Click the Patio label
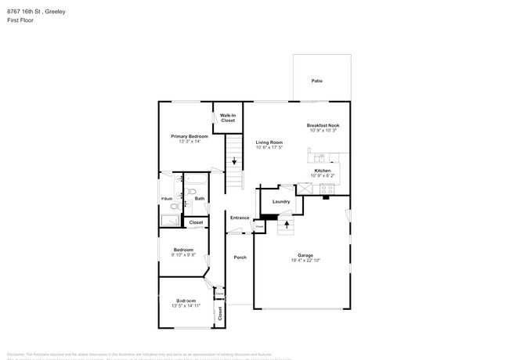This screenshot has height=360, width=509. (x=316, y=81)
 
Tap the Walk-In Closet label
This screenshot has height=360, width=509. (x=227, y=118)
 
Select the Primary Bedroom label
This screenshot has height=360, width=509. (x=190, y=136)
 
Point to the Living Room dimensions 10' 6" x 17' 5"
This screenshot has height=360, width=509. (x=269, y=147)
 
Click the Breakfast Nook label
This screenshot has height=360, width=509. (x=323, y=125)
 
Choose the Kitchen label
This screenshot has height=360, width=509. (x=322, y=171)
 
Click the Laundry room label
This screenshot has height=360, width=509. (x=281, y=201)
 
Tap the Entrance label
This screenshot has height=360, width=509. (x=240, y=218)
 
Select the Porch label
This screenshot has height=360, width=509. (x=240, y=257)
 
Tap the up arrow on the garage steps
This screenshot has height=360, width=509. (x=287, y=224)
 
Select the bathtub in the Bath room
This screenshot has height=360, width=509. (x=196, y=181)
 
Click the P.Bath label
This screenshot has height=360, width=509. (x=166, y=199)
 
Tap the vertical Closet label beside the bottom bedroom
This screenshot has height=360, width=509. (x=220, y=313)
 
